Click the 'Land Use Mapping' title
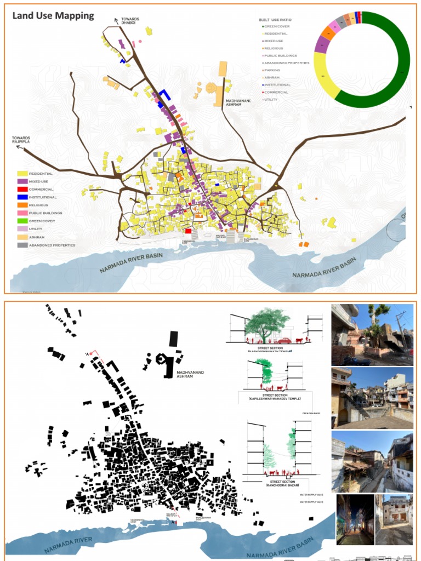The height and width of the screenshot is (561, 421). click(x=53, y=15)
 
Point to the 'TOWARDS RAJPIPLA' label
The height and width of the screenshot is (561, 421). click(x=22, y=140)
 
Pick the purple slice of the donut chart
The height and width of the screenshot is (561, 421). click(x=322, y=45)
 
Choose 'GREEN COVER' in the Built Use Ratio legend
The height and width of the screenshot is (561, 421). click(x=277, y=27)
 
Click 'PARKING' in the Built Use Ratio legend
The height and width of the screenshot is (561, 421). click(x=274, y=70)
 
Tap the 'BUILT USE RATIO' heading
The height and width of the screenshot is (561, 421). click(x=275, y=20)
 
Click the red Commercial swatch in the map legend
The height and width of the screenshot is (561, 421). click(x=22, y=189)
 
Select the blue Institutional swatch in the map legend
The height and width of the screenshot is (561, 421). click(x=22, y=197)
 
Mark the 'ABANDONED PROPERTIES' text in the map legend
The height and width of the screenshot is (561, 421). click(x=53, y=245)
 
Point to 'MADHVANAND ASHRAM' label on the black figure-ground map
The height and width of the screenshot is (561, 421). click(x=190, y=374)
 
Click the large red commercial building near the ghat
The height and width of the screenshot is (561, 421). click(x=188, y=231)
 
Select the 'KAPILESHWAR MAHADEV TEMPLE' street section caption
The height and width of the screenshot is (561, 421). click(x=276, y=398)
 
